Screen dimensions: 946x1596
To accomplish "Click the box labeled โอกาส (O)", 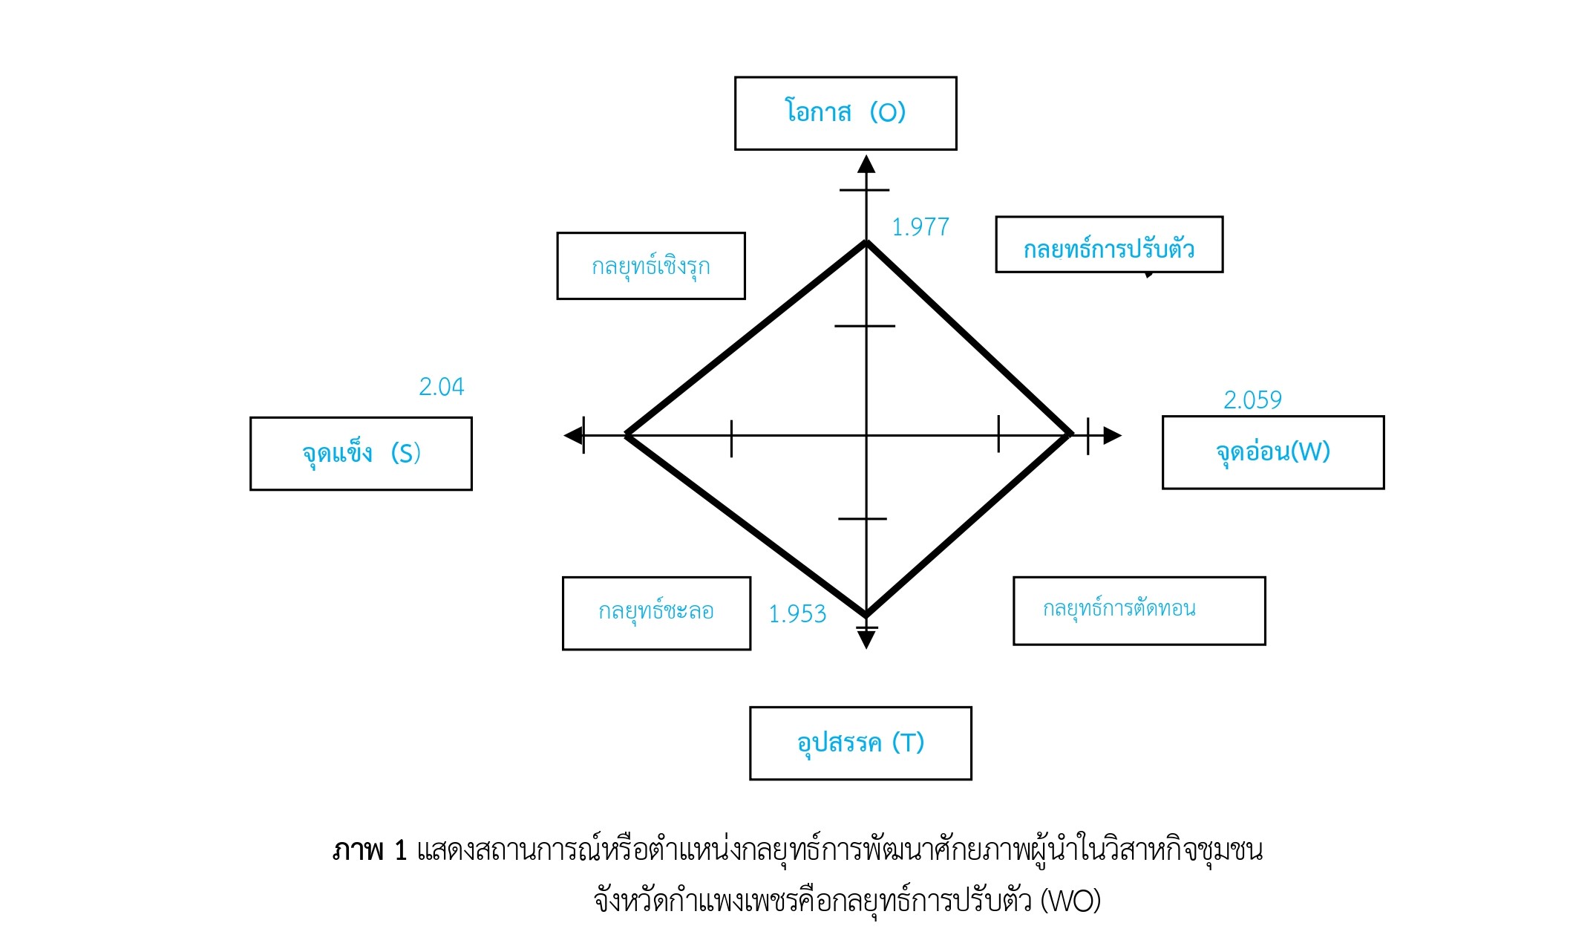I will click(846, 113).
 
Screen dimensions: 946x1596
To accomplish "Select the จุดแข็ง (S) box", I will click(361, 453).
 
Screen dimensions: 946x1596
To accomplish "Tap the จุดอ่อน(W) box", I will click(1272, 452).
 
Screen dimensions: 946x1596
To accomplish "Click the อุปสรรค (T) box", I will click(860, 743).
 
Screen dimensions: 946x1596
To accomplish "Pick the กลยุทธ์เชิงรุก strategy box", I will click(650, 266).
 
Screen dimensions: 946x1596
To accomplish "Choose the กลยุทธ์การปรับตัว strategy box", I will click(1108, 245).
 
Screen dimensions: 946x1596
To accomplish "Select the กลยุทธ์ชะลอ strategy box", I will click(656, 613).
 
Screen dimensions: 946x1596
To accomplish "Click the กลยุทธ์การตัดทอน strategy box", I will click(1139, 610).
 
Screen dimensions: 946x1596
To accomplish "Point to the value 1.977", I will click(920, 227).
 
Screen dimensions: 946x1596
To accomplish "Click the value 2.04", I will click(441, 387).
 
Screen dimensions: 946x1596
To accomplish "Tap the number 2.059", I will click(1252, 400).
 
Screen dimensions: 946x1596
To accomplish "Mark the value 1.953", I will click(797, 614).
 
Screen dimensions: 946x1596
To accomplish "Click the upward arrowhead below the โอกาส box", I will click(866, 164).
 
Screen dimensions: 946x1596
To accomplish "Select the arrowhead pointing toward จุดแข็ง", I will click(573, 435).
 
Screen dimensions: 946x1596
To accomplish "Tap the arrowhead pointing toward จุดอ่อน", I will click(1112, 435).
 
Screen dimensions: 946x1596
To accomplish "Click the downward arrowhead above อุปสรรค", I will click(866, 639).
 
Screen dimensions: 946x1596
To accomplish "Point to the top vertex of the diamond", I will click(866, 242).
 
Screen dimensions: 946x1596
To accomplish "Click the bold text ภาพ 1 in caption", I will click(370, 850).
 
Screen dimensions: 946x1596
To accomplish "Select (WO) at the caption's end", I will click(1070, 901).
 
